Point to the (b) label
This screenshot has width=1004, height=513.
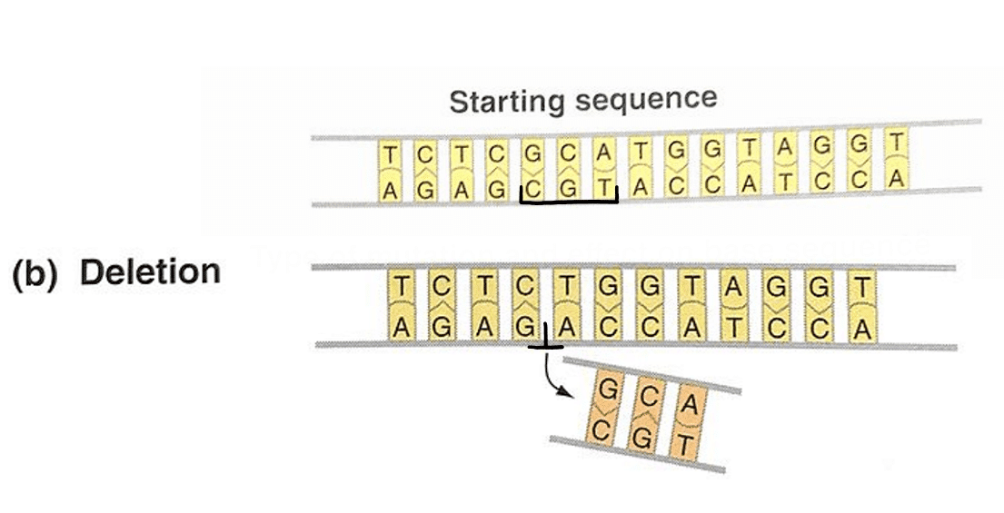pyautogui.click(x=39, y=273)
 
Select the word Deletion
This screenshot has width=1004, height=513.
pyautogui.click(x=150, y=271)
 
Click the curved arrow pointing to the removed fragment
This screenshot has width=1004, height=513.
pyautogui.click(x=555, y=376)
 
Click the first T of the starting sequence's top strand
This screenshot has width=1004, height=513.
pyautogui.click(x=390, y=155)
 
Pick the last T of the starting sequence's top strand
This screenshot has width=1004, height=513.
pyautogui.click(x=898, y=141)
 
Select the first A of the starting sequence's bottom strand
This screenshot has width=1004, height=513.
pyautogui.click(x=390, y=191)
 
